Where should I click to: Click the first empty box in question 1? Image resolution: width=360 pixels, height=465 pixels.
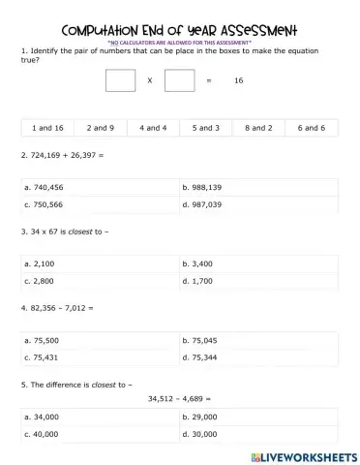(120, 80)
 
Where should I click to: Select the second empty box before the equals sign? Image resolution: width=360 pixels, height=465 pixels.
(179, 80)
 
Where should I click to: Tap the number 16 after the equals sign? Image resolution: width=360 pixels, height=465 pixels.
(238, 80)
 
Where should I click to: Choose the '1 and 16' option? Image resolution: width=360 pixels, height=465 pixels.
(47, 127)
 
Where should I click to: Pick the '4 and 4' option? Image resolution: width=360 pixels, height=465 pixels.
(153, 127)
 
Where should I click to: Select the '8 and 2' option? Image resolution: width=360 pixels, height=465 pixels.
(258, 127)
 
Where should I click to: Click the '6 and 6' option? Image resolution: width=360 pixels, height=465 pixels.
(311, 127)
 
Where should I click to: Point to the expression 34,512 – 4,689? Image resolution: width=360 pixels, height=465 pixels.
(179, 397)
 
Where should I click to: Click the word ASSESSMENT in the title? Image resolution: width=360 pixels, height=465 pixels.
(246, 29)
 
